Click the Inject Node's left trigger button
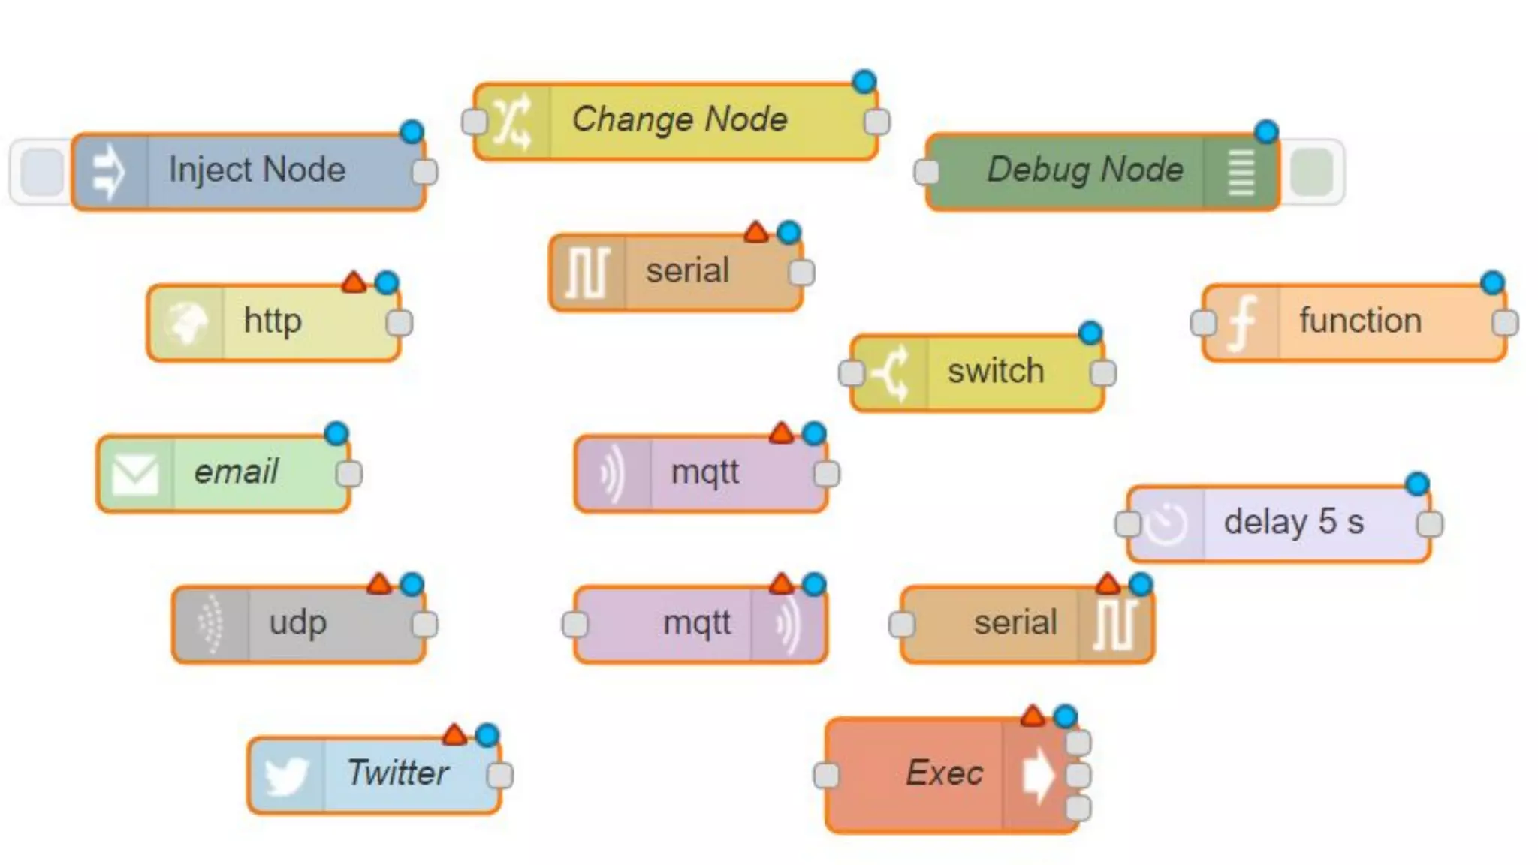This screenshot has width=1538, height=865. click(x=42, y=171)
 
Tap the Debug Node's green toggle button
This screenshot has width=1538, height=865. click(x=1311, y=172)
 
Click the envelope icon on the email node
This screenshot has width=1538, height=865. click(x=135, y=475)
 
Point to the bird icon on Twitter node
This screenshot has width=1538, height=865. click(x=286, y=775)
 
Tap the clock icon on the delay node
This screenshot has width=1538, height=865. click(x=1166, y=524)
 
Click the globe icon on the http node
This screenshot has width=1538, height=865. click(x=185, y=323)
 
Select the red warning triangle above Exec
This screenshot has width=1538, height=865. click(x=1033, y=716)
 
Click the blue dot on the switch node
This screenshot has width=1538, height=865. click(x=1090, y=333)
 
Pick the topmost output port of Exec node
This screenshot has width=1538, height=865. click(x=1078, y=743)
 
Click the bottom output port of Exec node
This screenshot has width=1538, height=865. click(x=1078, y=808)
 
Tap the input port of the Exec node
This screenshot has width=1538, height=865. click(x=826, y=775)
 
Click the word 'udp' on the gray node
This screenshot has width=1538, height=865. click(x=298, y=622)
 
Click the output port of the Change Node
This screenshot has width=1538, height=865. click(x=877, y=122)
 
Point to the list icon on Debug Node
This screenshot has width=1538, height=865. click(x=1241, y=172)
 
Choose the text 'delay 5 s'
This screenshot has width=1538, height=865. click(x=1293, y=522)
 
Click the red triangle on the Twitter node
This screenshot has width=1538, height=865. click(x=454, y=734)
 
